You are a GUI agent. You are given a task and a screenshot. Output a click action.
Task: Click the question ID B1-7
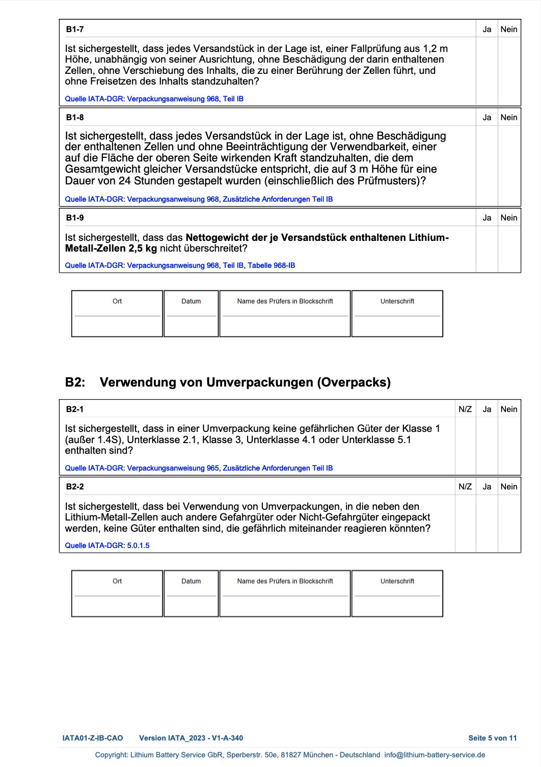point(75,30)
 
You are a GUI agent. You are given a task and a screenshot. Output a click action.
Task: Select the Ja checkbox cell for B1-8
point(486,166)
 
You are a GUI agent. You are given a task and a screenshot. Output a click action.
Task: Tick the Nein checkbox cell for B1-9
point(509,249)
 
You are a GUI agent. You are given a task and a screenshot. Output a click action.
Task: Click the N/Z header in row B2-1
point(465,409)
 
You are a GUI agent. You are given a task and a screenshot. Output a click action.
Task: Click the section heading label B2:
point(75,382)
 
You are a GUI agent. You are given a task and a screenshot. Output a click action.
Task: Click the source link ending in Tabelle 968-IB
point(180,265)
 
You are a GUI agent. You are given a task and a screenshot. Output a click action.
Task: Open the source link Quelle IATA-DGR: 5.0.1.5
point(107,545)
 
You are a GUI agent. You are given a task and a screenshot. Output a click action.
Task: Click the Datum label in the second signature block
point(191,581)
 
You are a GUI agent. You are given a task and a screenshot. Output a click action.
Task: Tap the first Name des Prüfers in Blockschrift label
point(285,302)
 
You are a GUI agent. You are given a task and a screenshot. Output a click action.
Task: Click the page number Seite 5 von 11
point(492,738)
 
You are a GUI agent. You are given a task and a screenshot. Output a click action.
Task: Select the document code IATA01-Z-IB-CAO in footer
point(93,738)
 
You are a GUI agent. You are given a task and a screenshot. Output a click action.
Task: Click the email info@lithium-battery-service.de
point(435,755)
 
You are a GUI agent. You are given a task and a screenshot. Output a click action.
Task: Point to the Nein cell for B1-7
point(509,71)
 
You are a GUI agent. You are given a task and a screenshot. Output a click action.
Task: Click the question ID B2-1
point(75,409)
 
